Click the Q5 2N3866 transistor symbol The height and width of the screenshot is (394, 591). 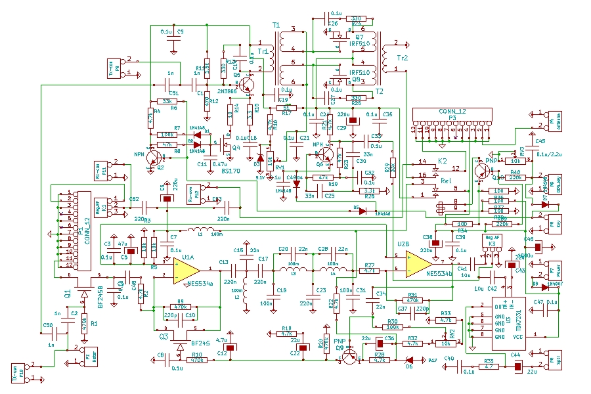248,84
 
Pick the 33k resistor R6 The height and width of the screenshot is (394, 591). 167,101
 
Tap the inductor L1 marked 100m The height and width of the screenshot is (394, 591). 197,230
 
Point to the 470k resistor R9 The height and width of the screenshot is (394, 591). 178,307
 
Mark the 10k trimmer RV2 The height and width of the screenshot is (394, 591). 446,343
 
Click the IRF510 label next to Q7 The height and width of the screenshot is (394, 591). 359,44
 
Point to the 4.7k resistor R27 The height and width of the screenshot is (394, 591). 370,269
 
